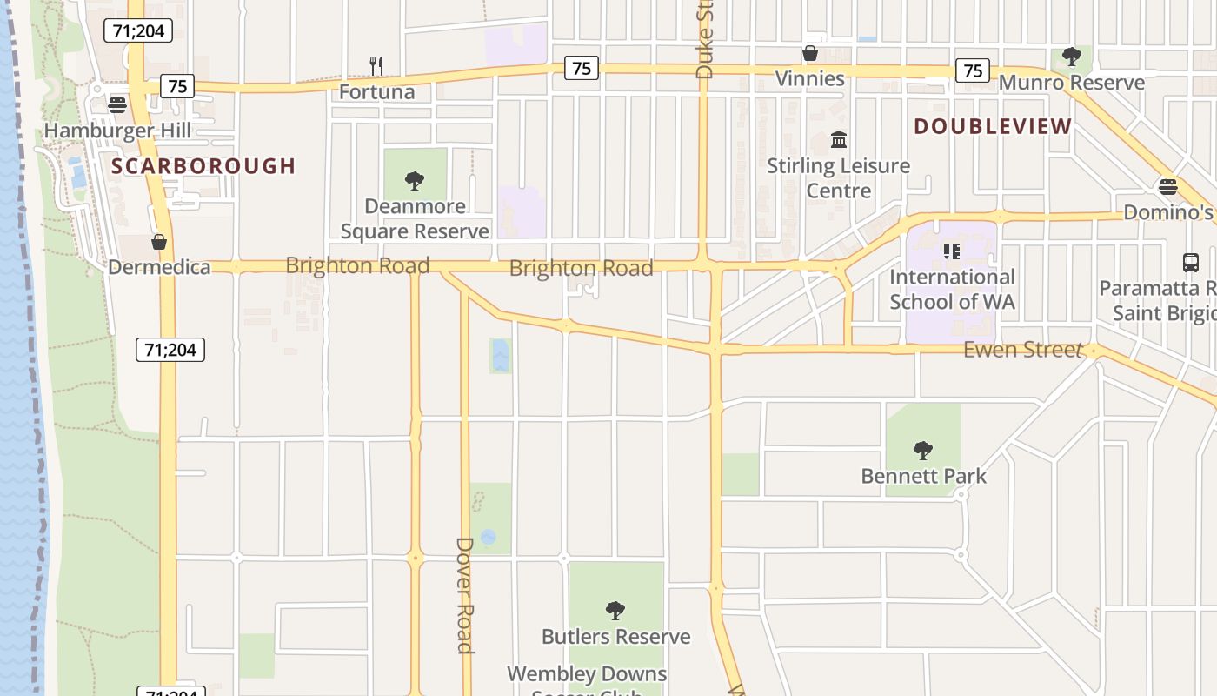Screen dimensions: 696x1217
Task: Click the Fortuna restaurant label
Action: point(376,91)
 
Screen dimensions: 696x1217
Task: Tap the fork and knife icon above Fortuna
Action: point(376,65)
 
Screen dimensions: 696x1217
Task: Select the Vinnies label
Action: point(809,78)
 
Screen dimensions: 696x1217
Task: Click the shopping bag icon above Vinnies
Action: point(809,53)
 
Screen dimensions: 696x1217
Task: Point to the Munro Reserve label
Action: point(1072,83)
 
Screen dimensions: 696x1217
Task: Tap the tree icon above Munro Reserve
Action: point(1072,57)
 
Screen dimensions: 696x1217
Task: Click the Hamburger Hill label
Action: point(116,130)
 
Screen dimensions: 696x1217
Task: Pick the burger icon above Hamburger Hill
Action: point(117,105)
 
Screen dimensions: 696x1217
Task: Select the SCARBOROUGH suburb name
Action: point(204,165)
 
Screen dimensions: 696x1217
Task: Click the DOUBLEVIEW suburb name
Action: point(993,126)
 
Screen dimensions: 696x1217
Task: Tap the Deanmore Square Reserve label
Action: point(415,218)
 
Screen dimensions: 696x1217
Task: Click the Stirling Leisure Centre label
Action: point(838,177)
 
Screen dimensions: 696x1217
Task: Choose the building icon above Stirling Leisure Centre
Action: point(839,139)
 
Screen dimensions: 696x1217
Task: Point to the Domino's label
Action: point(1167,211)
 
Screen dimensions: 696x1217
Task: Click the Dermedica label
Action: point(159,266)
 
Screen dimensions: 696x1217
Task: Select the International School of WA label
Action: point(952,289)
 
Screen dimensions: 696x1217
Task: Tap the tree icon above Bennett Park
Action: point(923,451)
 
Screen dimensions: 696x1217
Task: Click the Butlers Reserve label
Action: point(615,636)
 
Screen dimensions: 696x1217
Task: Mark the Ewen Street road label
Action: point(1022,350)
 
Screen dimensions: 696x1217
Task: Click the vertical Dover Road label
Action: point(465,594)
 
